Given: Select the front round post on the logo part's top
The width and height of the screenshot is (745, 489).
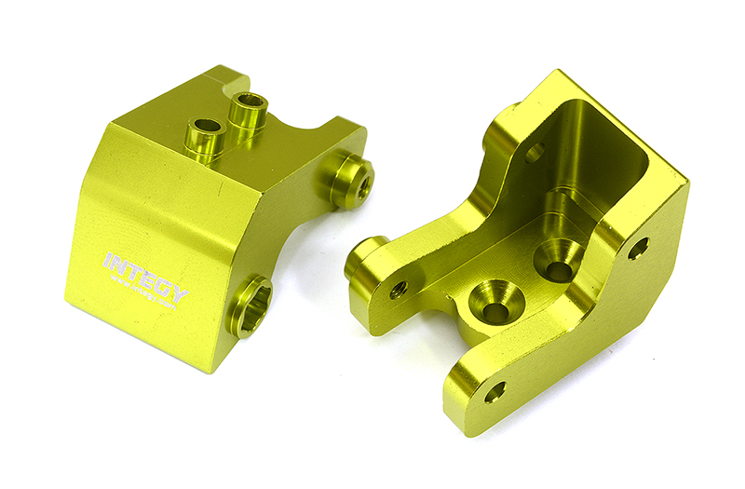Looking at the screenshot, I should [203, 137].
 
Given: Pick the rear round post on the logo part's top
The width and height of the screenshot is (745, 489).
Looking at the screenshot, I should [249, 112].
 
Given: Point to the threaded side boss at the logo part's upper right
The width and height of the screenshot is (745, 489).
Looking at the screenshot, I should [352, 180].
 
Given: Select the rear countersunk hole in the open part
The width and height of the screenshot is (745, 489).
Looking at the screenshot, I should [560, 265].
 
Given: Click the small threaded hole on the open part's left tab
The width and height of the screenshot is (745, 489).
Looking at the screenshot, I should [399, 290].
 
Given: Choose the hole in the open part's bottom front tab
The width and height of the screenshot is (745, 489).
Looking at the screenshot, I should [494, 391].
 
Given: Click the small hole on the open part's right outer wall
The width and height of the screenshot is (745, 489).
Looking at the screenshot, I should [638, 249].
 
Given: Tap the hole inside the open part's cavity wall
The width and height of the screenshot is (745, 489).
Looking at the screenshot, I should [535, 153].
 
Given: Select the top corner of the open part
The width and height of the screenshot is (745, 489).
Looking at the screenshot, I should [563, 72].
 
